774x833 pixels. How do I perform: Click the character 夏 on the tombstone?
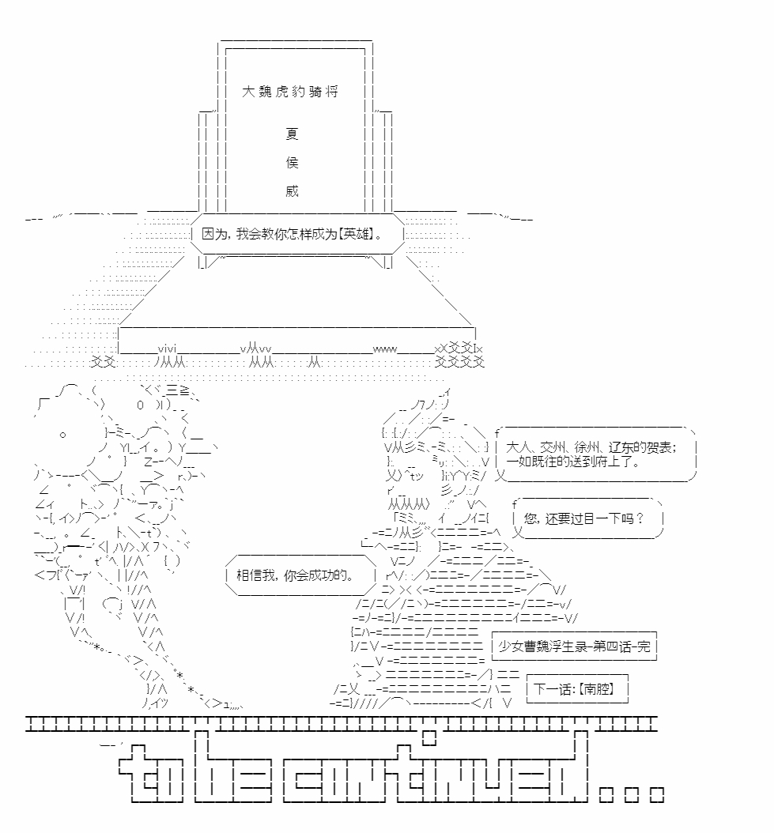click(x=292, y=134)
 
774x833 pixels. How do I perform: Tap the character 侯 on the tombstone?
click(x=292, y=163)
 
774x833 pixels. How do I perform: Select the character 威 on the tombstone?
click(x=292, y=190)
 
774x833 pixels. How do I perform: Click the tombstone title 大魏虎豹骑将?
click(x=290, y=92)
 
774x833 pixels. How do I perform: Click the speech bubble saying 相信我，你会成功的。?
click(x=301, y=575)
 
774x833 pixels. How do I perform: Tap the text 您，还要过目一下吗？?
click(x=583, y=518)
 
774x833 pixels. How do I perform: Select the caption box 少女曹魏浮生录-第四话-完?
click(x=574, y=646)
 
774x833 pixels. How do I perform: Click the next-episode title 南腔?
click(x=596, y=689)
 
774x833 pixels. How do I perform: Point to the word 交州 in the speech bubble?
click(x=553, y=447)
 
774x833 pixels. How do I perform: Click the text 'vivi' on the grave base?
click(x=166, y=349)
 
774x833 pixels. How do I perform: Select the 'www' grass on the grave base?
click(x=385, y=349)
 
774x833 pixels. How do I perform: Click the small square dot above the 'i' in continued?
click(x=429, y=737)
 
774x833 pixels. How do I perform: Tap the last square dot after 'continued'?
click(x=657, y=795)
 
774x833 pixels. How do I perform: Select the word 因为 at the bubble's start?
click(x=215, y=234)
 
